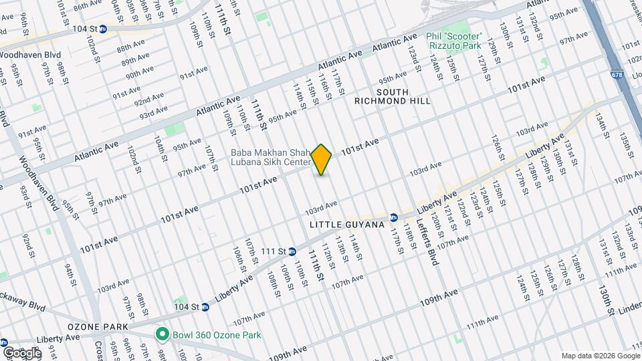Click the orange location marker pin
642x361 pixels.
[322, 160]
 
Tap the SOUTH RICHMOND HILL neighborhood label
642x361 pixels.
[393, 96]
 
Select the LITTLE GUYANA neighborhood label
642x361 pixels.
[347, 225]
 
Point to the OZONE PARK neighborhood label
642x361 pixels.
[92, 327]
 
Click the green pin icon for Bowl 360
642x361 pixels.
[161, 334]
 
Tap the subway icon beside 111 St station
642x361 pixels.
[292, 251]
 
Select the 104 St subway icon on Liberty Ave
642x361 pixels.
[205, 308]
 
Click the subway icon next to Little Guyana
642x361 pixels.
[394, 217]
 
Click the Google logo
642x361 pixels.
[21, 352]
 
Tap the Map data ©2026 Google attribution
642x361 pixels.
[599, 356]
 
